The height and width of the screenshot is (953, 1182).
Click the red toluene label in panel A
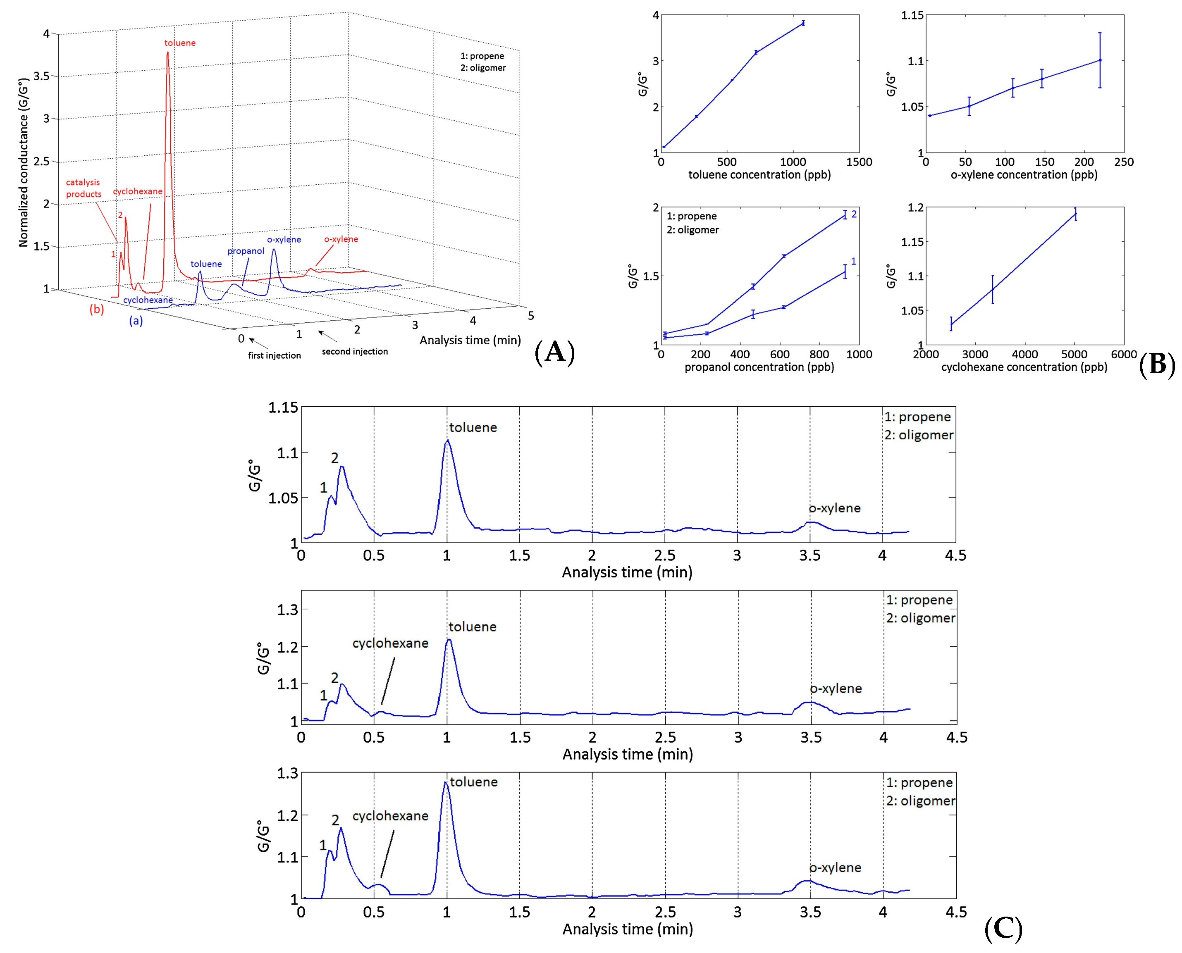coord(179,43)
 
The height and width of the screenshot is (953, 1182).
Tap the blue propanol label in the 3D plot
coord(246,251)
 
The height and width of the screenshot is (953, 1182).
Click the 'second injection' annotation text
coord(354,351)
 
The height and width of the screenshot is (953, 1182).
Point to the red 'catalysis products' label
coord(84,188)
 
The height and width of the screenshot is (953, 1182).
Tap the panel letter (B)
coord(1156,364)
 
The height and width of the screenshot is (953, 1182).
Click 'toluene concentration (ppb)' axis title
coord(759,174)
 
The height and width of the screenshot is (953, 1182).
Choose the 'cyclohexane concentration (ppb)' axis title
coord(1024,367)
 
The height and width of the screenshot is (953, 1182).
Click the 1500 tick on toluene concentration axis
coord(858,162)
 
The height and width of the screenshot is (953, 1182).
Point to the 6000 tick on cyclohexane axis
coord(1123,354)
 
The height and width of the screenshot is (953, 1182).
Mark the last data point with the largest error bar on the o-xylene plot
coord(1100,60)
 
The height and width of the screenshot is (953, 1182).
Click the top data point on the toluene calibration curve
coord(803,22)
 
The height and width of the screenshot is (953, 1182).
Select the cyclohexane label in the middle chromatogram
coord(390,643)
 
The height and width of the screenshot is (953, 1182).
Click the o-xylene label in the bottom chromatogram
coord(835,867)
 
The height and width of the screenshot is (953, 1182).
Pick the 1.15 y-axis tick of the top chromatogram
coord(283,407)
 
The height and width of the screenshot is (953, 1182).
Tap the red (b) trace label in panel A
coord(97,309)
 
